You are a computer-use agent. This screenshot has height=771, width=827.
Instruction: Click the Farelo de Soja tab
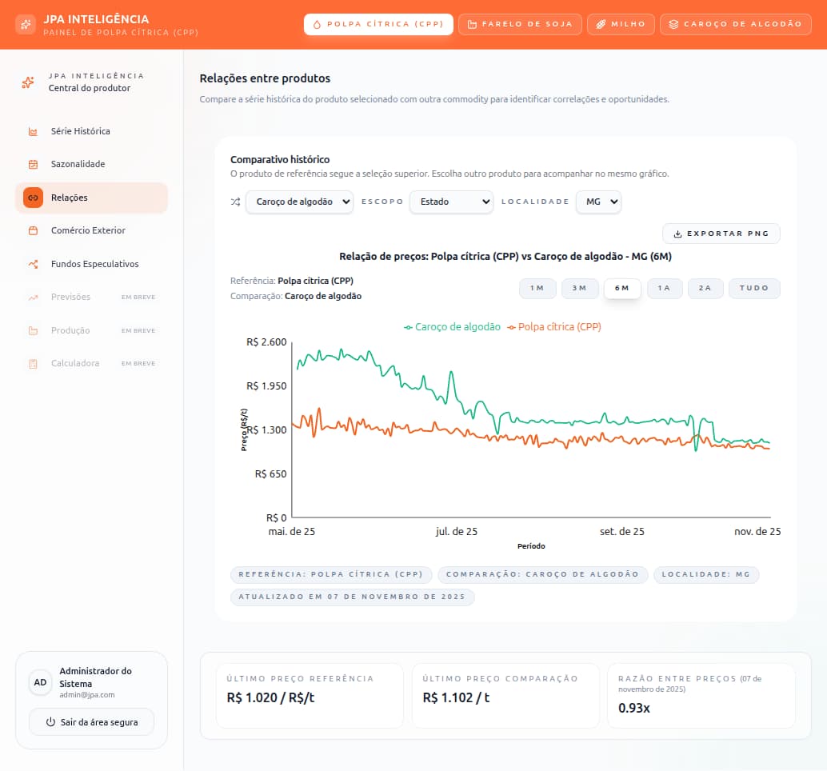pos(520,24)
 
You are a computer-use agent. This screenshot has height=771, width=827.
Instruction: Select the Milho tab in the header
pos(621,24)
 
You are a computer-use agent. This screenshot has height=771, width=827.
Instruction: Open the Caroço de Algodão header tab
pos(735,24)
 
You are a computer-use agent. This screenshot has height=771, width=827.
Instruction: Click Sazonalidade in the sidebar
pos(78,164)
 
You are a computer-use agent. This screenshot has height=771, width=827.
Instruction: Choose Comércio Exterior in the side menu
pos(88,230)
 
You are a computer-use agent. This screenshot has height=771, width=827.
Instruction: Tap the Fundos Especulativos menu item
pos(94,264)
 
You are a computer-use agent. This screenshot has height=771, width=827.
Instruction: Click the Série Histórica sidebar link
pos(80,131)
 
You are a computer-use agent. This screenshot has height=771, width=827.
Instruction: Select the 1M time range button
pos(537,288)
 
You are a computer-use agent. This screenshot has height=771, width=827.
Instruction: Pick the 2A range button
pos(705,288)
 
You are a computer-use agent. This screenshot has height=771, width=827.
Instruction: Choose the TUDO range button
pos(753,288)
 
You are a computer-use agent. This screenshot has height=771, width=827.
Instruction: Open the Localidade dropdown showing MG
pos(598,202)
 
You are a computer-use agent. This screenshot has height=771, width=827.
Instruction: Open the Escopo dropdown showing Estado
pos(451,202)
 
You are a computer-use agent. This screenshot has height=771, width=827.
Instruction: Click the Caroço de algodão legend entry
pos(453,327)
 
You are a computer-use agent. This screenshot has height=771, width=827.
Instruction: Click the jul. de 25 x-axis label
pos(456,531)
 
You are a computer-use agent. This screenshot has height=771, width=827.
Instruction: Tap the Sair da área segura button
pos(91,722)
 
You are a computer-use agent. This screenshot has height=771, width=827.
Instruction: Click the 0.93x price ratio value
pos(634,708)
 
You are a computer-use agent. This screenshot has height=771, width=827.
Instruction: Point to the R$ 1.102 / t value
pos(456,697)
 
